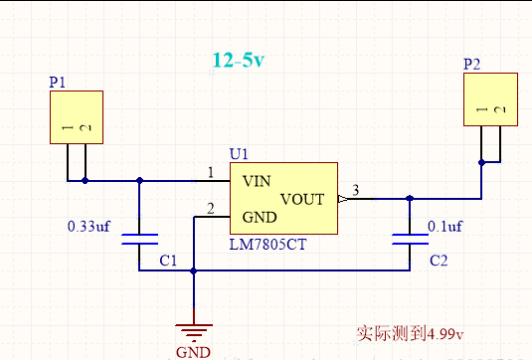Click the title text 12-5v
pos(239,60)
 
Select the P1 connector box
pos(77,117)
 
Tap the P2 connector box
pos(490,99)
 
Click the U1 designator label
pos(239,154)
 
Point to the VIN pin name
pos(257,181)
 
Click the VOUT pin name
pos(302,199)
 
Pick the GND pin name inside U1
pos(260,217)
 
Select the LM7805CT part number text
pos(267,245)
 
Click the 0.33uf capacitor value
pos(89,227)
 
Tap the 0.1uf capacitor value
pos(444,227)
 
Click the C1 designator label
pos(168,261)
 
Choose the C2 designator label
pos(439,261)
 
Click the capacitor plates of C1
pos(139,239)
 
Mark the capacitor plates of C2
pos(410,239)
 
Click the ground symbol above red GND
pos(194,333)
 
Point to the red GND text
pos(193,352)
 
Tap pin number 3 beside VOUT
pos(355,190)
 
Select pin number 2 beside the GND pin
pos(211,209)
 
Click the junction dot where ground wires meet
pos(193,270)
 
